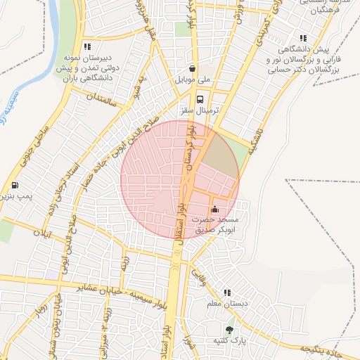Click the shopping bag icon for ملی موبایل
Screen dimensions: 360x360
click(193, 69)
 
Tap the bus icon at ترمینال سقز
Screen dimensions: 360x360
click(202, 98)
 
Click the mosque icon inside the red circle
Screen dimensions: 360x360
click(214, 209)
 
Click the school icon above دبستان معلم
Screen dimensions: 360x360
click(227, 292)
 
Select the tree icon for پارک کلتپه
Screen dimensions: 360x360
click(229, 328)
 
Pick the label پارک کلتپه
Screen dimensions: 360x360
click(229, 341)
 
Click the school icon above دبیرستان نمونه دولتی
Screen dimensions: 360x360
click(87, 46)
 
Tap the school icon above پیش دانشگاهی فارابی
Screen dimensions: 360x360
click(303, 38)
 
